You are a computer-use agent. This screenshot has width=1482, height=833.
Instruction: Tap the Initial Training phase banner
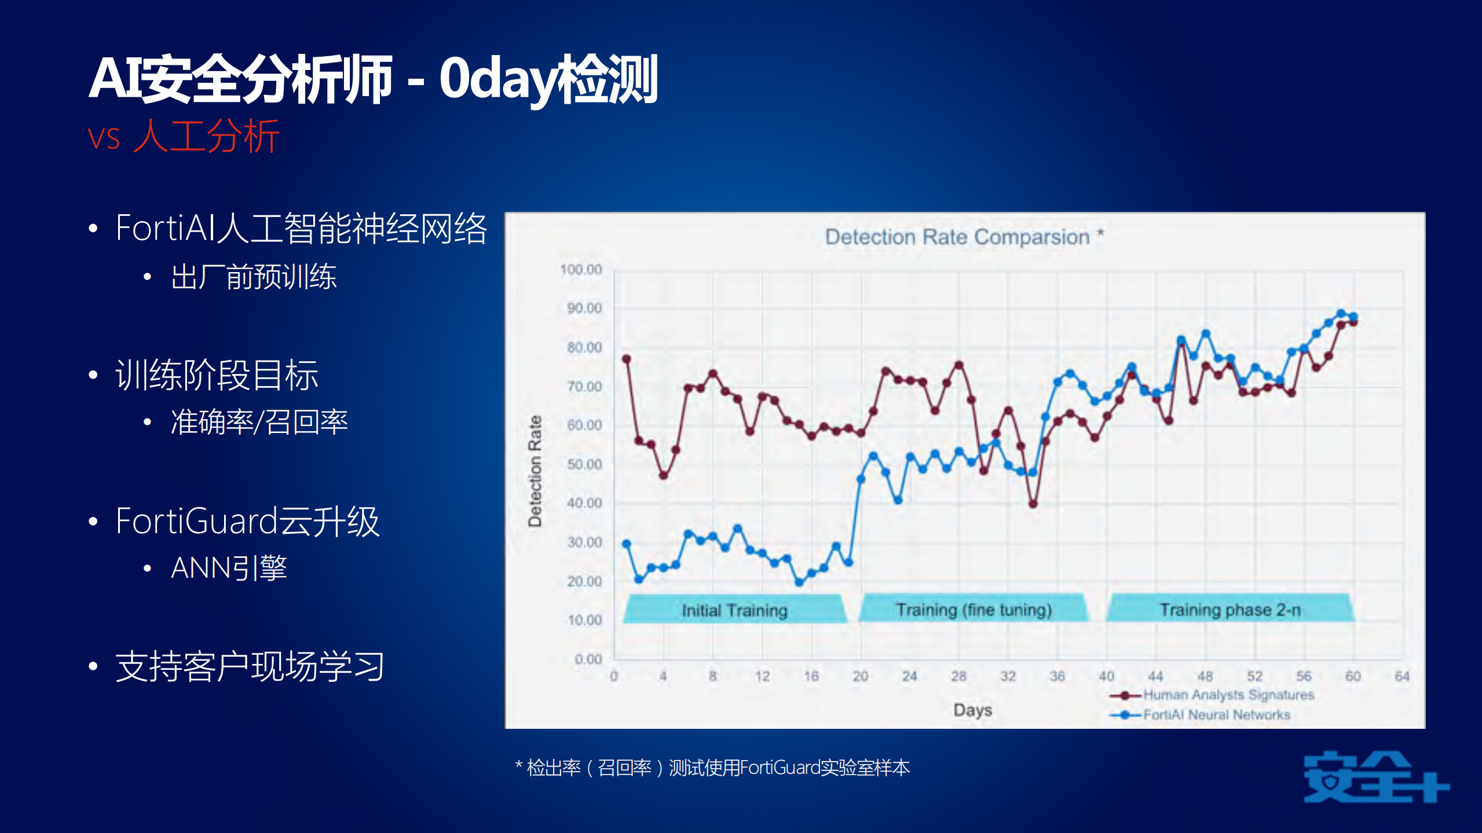(x=735, y=609)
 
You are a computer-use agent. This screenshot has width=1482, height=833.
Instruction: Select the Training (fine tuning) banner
(x=974, y=608)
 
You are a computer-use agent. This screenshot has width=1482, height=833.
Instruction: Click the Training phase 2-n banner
(x=1230, y=608)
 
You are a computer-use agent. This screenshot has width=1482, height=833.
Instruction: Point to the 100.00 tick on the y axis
(x=581, y=270)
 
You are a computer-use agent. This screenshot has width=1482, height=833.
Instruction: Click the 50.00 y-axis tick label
(x=584, y=464)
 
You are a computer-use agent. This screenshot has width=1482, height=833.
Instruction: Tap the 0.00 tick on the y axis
(x=588, y=659)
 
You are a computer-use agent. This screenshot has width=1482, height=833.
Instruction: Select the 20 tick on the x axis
(x=860, y=676)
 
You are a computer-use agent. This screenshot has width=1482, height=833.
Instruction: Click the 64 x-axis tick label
(x=1402, y=676)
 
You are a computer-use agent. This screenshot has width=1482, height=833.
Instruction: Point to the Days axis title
(x=973, y=710)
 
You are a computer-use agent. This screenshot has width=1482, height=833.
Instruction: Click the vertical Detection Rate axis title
(x=535, y=471)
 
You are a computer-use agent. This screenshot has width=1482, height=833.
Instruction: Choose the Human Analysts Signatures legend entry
(x=1212, y=695)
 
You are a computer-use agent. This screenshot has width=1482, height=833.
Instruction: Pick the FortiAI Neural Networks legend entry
(x=1200, y=715)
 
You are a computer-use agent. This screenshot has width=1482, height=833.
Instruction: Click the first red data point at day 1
(x=626, y=359)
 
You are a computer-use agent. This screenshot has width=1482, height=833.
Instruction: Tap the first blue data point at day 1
(x=626, y=544)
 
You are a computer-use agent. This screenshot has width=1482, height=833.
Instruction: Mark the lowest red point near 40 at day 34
(x=1033, y=504)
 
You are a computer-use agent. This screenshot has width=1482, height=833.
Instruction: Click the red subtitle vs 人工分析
(x=184, y=137)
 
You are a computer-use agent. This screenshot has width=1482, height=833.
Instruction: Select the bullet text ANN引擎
(x=229, y=567)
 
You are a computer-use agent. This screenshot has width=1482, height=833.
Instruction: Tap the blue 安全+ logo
(x=1377, y=777)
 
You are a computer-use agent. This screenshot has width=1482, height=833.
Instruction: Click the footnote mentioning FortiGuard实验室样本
(x=712, y=768)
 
